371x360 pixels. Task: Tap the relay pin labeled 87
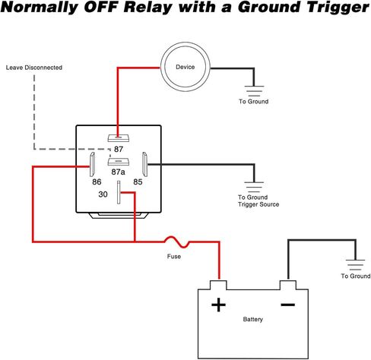tap(119, 138)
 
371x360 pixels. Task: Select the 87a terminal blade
tap(119, 162)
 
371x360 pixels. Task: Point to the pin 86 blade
tap(92, 164)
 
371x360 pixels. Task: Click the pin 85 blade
tap(144, 164)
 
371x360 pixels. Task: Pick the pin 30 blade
tap(119, 192)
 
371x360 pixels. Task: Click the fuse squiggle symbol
tap(177, 242)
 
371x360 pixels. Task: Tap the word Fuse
tap(174, 257)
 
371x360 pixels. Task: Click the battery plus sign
tap(218, 305)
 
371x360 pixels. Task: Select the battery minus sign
tap(288, 305)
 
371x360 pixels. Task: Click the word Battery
tap(253, 319)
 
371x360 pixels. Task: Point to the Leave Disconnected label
tap(34, 68)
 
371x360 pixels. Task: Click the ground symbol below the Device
tap(254, 91)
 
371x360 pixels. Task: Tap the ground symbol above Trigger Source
tap(254, 187)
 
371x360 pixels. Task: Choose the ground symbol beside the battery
tap(355, 265)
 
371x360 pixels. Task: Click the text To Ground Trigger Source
tap(258, 201)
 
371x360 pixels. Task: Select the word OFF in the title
tap(100, 8)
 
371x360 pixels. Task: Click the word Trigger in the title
tap(338, 8)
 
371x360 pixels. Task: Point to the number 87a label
tap(118, 172)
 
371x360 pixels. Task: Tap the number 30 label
tap(103, 194)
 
